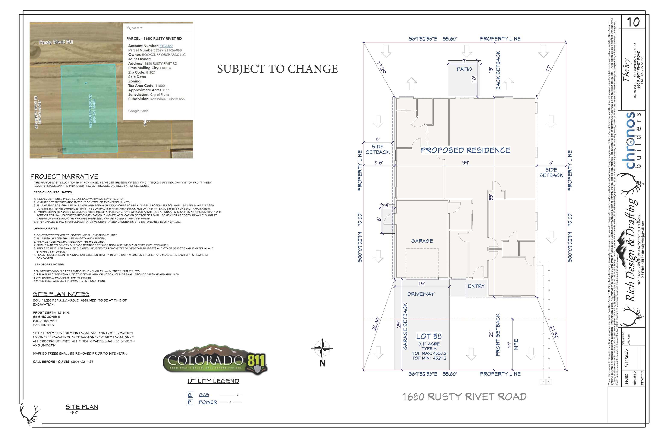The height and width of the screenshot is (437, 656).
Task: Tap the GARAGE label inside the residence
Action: point(422,241)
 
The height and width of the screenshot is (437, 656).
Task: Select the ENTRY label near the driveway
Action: point(476,286)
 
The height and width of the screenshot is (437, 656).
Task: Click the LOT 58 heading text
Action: point(429,336)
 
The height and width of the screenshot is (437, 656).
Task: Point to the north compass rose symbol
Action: point(322,348)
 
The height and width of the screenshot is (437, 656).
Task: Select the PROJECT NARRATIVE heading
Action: point(64,176)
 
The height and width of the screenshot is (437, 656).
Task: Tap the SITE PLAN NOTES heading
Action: point(61,294)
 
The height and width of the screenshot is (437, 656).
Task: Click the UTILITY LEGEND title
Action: point(213,381)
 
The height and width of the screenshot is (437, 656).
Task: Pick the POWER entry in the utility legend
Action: point(208,402)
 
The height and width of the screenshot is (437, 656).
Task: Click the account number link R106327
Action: point(166,46)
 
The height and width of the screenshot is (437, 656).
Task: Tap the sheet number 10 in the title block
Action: point(633,22)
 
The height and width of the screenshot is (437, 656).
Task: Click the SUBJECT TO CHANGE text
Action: point(278,69)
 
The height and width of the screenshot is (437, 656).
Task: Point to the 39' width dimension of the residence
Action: point(465,162)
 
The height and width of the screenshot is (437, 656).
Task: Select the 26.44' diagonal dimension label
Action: point(376,323)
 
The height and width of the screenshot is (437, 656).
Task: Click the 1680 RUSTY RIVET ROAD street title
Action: point(464,397)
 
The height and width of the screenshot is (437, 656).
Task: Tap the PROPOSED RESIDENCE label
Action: point(466,150)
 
